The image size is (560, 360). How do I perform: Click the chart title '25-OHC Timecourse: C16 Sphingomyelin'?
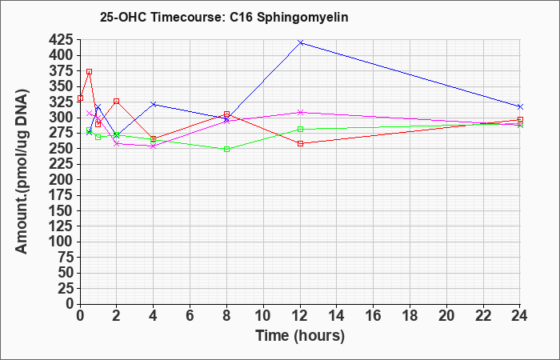pos(224,17)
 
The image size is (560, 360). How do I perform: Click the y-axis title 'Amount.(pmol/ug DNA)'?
pos(22,172)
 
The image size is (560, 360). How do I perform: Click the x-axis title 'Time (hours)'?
pos(300,336)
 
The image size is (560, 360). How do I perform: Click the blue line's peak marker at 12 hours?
pos(300,43)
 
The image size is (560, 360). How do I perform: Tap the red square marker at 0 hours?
pos(80,98)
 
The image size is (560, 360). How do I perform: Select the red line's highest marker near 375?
pos(90,72)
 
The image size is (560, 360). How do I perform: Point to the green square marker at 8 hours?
pos(226,150)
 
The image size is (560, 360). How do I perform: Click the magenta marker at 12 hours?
pos(300,112)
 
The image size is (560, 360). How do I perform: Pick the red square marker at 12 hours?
pos(300,143)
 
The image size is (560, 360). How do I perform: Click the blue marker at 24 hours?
pos(520,106)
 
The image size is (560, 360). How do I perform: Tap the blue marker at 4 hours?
pos(154,104)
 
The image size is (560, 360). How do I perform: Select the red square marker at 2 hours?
pos(117,102)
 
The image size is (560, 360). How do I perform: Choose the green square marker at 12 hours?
pos(300,130)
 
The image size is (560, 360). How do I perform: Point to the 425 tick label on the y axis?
pos(61,40)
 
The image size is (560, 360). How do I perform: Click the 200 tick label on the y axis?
pos(61,180)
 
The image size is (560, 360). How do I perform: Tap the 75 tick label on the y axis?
pos(66,258)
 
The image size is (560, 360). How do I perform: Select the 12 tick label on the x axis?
pos(300,316)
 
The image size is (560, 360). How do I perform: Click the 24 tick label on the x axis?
pos(519,316)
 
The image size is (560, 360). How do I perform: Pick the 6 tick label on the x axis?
pos(190,316)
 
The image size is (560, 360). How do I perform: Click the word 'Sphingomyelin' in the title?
pos(302,18)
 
